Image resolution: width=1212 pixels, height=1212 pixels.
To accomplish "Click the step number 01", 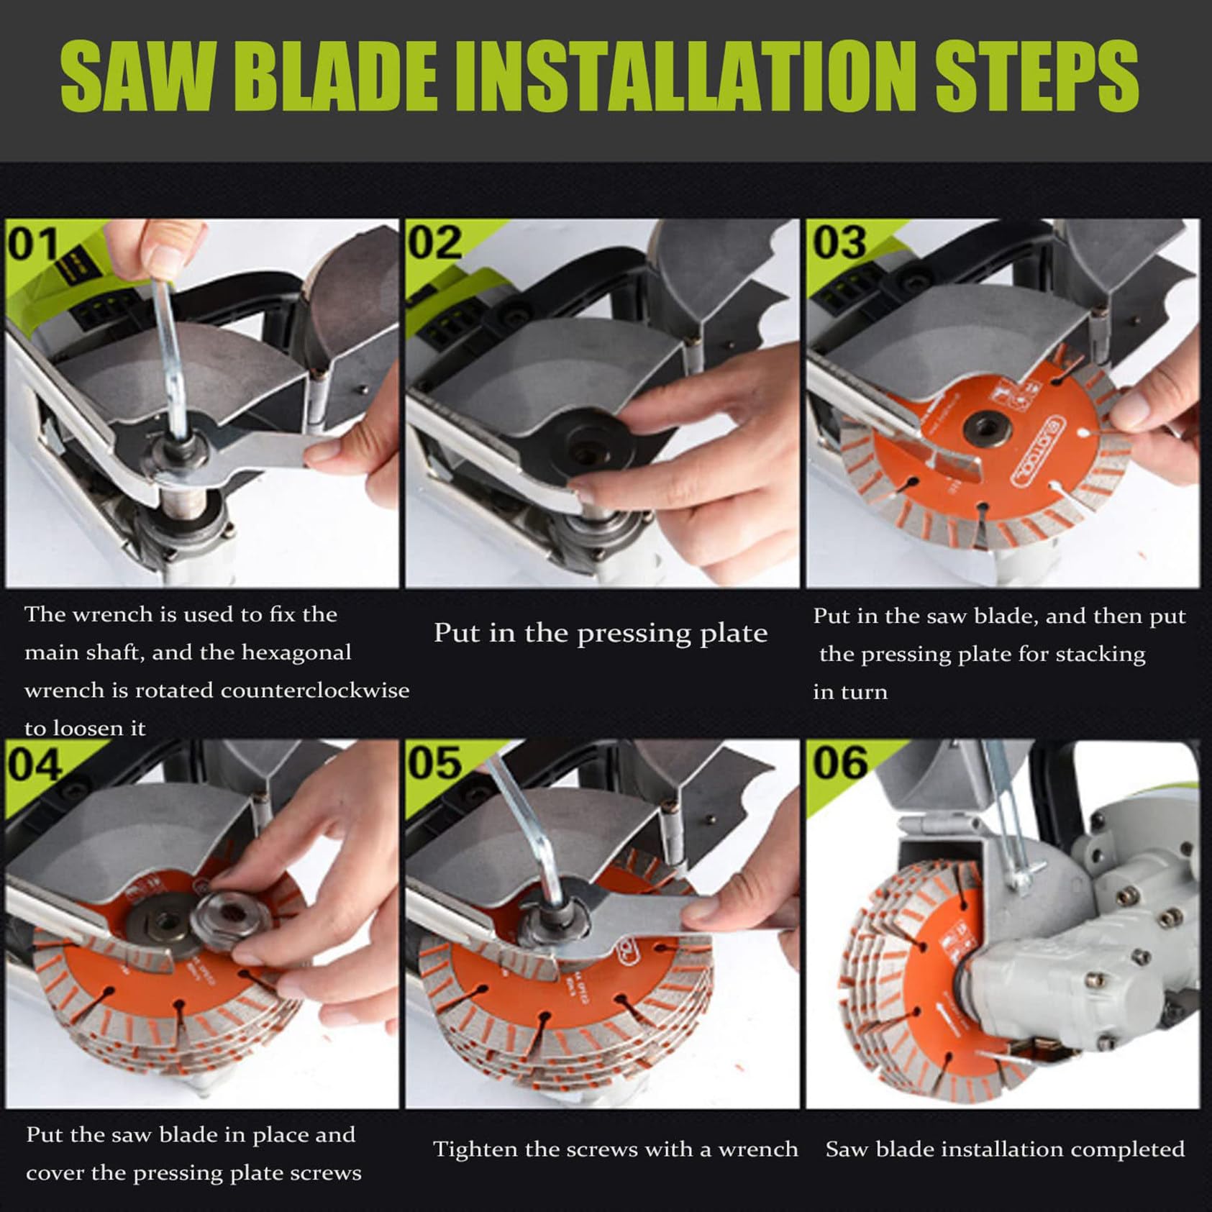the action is coord(33,244).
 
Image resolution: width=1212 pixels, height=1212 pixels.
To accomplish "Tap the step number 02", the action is coord(435,244).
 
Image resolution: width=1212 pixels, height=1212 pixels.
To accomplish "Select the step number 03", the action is coord(839,244).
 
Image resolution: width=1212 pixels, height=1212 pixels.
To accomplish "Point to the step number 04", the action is coord(35,764).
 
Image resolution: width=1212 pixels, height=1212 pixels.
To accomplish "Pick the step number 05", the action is coord(435,764).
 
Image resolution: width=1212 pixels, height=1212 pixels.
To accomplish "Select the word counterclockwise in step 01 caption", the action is coord(314,691).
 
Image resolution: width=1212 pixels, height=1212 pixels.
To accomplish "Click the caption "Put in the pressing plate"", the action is coord(601,634).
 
